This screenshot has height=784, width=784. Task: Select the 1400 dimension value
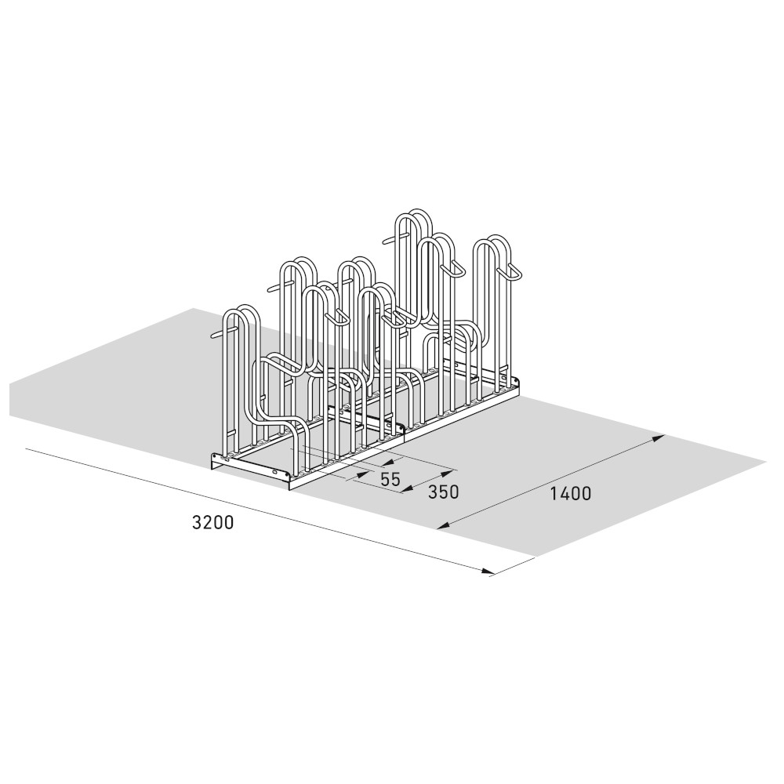pos(570,493)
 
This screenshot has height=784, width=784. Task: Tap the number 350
pos(443,492)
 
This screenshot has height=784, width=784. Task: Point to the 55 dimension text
pos(390,479)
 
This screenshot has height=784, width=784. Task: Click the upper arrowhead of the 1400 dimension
pos(659,438)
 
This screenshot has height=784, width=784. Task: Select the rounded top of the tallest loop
pos(413,216)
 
